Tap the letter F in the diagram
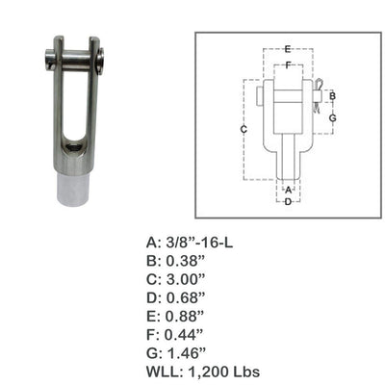(288, 65)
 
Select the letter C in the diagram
(244, 129)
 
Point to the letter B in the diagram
(331, 96)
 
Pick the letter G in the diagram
(331, 117)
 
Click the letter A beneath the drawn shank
(288, 190)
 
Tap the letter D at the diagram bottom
(288, 201)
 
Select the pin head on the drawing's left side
(263, 95)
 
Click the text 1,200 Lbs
(214, 371)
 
